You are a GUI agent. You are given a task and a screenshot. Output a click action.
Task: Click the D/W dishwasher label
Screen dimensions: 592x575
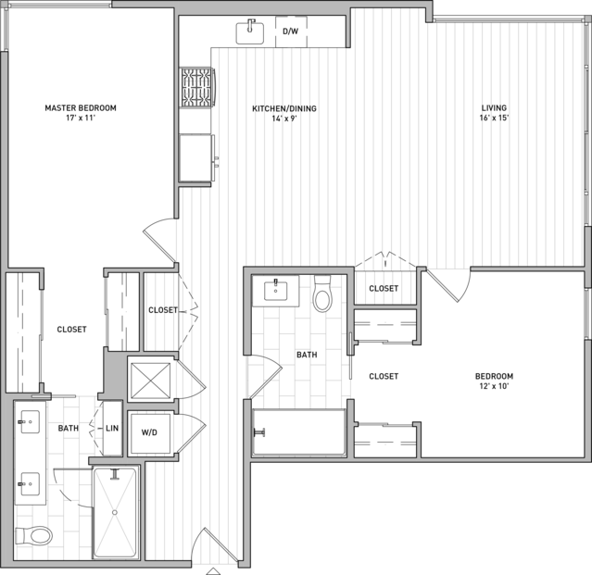click(x=290, y=31)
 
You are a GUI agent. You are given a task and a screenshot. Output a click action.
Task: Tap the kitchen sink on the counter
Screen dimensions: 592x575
click(x=250, y=33)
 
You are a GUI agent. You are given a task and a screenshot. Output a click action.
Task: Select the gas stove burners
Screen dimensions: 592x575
click(x=196, y=88)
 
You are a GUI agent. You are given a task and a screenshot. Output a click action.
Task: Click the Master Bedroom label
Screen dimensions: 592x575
click(x=81, y=108)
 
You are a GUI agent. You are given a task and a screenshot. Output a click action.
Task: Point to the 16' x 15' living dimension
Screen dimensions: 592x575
click(x=494, y=118)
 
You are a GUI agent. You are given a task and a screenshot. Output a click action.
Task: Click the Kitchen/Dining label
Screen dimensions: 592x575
click(x=284, y=108)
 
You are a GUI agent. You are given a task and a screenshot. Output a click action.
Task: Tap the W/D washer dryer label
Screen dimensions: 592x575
click(x=149, y=432)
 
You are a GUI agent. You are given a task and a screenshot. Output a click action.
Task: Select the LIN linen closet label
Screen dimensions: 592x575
click(x=112, y=428)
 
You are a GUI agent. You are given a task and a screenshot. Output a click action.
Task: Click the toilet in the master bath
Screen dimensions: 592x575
click(x=33, y=535)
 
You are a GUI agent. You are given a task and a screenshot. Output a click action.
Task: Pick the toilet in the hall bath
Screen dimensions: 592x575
click(x=322, y=294)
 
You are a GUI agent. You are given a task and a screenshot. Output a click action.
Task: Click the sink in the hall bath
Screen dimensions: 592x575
click(x=275, y=291)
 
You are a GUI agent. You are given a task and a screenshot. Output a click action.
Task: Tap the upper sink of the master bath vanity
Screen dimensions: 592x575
click(x=31, y=422)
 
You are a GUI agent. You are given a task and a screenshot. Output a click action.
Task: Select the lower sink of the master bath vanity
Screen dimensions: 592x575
click(x=31, y=484)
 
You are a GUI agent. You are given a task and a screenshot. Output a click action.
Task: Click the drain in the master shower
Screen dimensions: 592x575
click(x=115, y=512)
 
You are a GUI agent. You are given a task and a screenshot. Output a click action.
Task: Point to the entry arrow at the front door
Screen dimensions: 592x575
click(x=213, y=571)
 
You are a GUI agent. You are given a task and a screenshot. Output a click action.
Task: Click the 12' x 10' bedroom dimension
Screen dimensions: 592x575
click(x=494, y=386)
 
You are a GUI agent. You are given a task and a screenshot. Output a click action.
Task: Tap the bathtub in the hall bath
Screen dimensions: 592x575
click(x=299, y=432)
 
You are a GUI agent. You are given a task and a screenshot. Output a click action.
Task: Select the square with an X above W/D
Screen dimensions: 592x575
click(x=150, y=381)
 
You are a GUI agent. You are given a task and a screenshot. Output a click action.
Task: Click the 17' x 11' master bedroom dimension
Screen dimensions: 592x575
click(x=81, y=118)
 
